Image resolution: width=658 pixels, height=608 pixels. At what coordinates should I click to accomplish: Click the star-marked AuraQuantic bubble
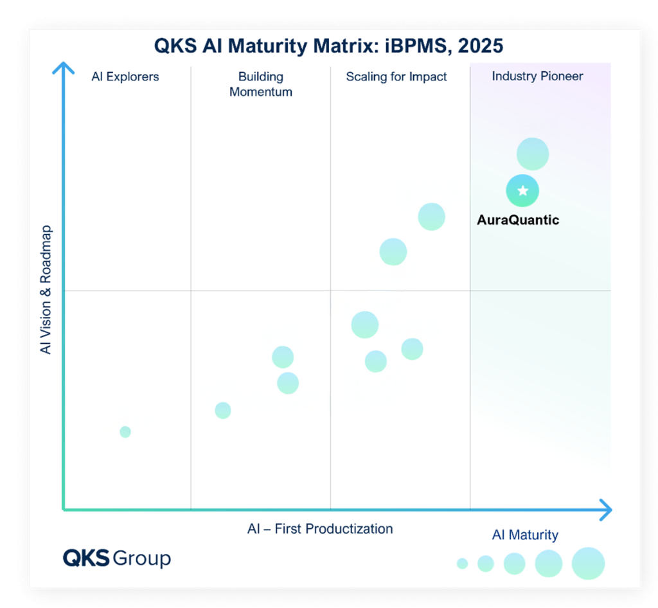tap(522, 191)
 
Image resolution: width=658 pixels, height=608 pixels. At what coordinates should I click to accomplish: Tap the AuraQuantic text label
tap(518, 220)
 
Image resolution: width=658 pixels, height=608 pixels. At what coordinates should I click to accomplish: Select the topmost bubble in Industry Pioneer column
tap(533, 154)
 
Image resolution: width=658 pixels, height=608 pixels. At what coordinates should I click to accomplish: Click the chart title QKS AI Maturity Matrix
tap(328, 46)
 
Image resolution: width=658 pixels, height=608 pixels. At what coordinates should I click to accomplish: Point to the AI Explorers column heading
tap(125, 76)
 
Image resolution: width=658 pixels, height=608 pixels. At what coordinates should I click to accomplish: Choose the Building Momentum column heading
tap(260, 84)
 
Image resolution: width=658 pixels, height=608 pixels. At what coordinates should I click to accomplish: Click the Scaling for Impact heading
tap(396, 76)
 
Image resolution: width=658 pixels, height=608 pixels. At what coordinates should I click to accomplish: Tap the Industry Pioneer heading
tap(537, 76)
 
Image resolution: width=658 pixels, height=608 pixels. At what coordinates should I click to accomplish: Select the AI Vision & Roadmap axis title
tap(46, 290)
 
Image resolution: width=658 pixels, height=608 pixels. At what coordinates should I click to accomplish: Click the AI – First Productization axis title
tap(320, 529)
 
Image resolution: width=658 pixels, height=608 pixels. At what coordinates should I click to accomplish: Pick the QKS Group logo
tap(116, 557)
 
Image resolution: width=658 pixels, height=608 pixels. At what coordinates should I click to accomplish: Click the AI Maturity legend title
tap(525, 535)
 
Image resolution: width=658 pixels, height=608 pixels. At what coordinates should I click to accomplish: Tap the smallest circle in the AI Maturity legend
tap(462, 564)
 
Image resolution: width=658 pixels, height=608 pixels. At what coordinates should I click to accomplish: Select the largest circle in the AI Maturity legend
tap(588, 564)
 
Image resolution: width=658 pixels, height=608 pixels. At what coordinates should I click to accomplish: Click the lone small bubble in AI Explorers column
tap(125, 432)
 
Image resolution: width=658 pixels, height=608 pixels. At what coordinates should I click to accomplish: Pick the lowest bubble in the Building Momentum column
tap(223, 410)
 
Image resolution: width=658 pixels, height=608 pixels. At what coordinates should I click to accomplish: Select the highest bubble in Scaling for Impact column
tap(431, 217)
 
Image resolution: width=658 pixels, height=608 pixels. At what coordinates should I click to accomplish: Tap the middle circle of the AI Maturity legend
tap(514, 564)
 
